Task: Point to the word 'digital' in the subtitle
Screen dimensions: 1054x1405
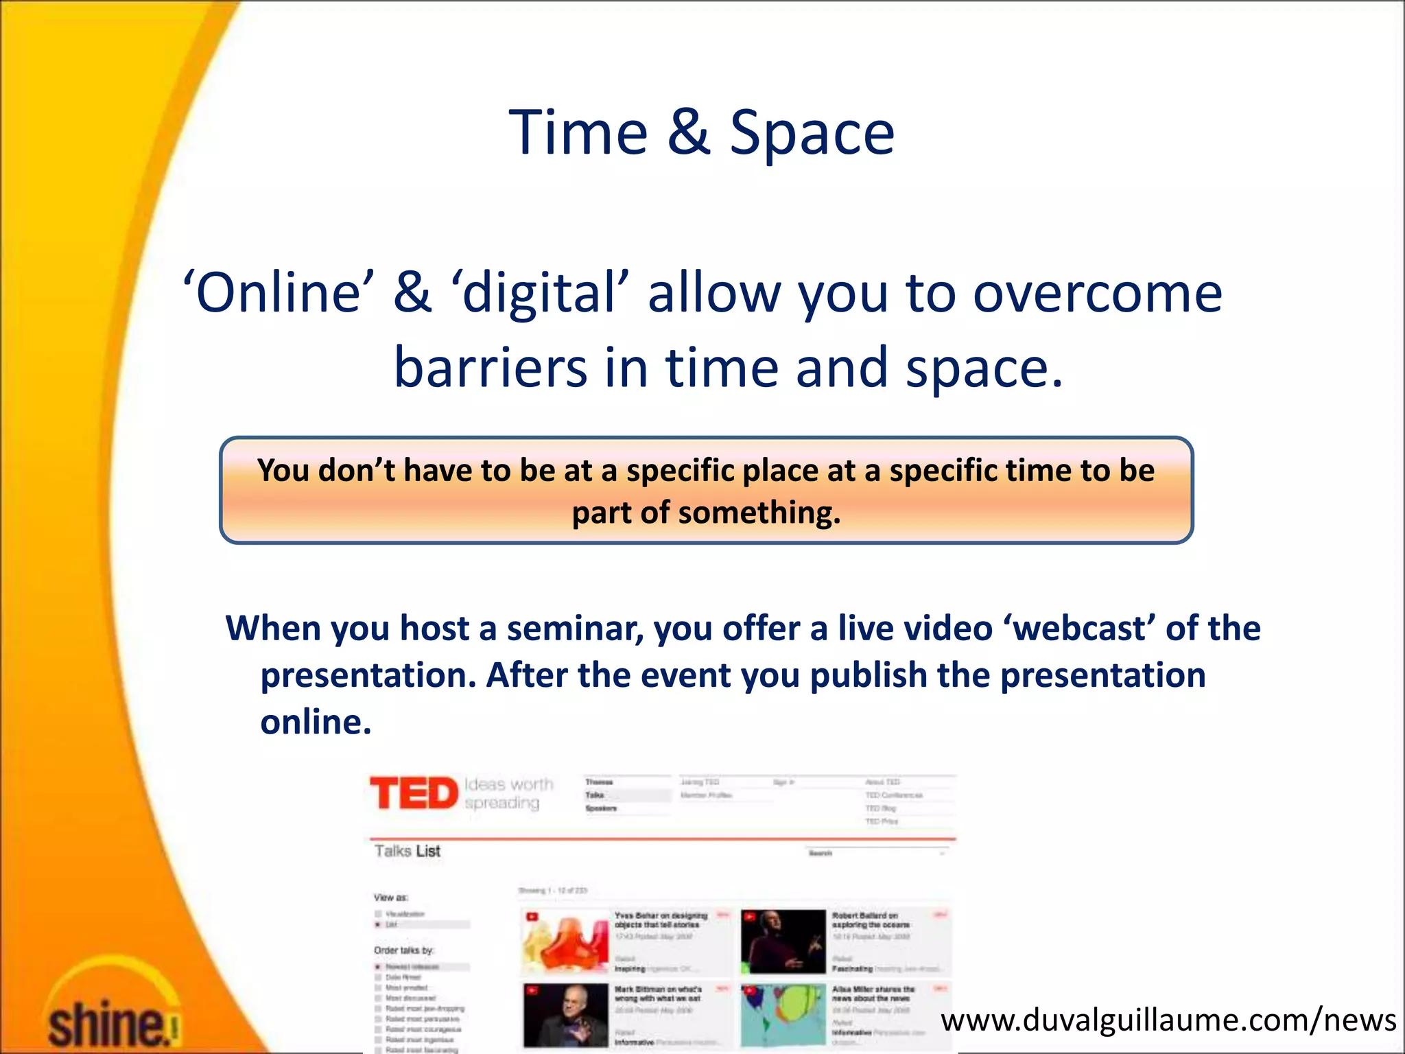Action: coord(540,293)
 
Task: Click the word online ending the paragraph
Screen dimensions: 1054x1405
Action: coord(316,722)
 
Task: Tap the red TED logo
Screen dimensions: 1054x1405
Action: coord(414,793)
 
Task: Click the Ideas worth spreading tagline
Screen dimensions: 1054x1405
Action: coord(508,793)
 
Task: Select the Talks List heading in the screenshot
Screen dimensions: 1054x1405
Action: coord(408,852)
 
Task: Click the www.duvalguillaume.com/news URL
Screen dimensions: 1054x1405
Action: coord(1168,1020)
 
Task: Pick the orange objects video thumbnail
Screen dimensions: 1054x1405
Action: coord(565,941)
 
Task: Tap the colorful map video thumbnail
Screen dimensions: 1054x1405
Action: coord(783,1015)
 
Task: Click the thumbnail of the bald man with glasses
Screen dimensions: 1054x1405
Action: coord(565,1015)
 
